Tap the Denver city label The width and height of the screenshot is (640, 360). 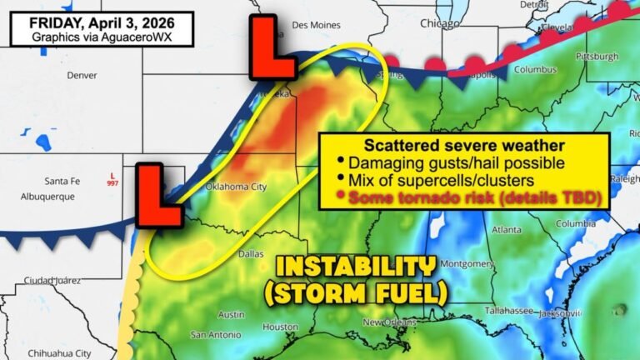click(82, 75)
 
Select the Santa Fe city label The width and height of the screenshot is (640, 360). click(62, 181)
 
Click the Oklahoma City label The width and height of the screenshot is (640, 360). click(235, 187)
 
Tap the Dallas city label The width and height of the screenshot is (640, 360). click(250, 253)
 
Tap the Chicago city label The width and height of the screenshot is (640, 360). click(439, 23)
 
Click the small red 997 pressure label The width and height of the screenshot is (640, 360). click(112, 182)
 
